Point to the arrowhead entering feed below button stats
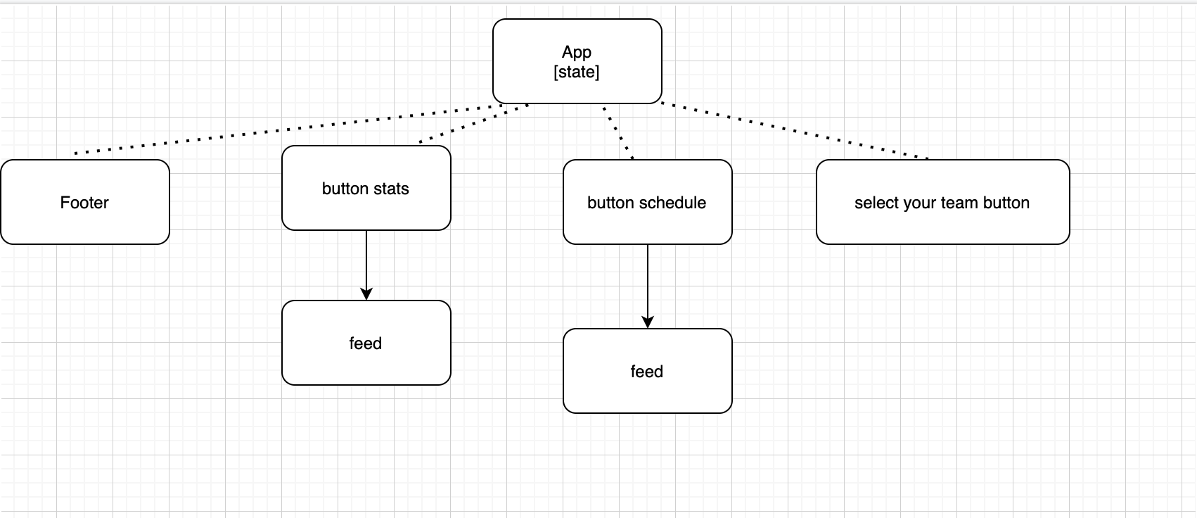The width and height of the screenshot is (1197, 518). [x=366, y=294]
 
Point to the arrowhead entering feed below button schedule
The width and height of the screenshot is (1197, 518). [x=647, y=322]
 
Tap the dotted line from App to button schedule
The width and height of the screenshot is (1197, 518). [x=618, y=132]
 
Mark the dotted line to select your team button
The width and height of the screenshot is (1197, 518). [x=795, y=131]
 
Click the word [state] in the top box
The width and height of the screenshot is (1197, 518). [x=577, y=72]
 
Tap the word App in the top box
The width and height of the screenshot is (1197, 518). [x=577, y=52]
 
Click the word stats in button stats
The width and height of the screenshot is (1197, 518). [x=391, y=189]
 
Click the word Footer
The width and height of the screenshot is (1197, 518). [x=84, y=203]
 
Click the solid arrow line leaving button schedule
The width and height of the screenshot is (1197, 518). [x=647, y=282]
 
